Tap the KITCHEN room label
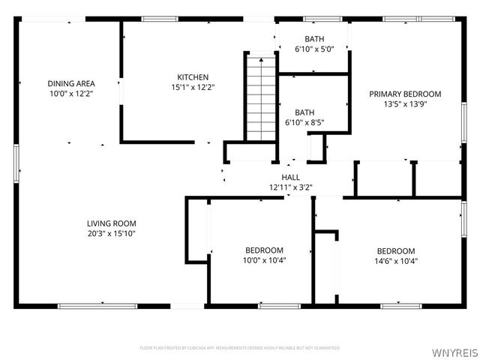193,77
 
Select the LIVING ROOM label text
111,223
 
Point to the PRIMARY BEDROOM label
405,94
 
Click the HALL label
291,177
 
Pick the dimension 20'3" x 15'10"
111,233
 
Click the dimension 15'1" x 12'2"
193,87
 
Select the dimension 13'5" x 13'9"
405,104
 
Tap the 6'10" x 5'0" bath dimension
313,49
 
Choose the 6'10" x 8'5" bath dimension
304,122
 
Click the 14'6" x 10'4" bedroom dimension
395,261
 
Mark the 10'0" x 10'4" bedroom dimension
264,261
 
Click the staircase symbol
261,97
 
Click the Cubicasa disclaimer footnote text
240,348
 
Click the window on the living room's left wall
16,159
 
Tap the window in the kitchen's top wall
160,19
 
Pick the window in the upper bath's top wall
322,19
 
